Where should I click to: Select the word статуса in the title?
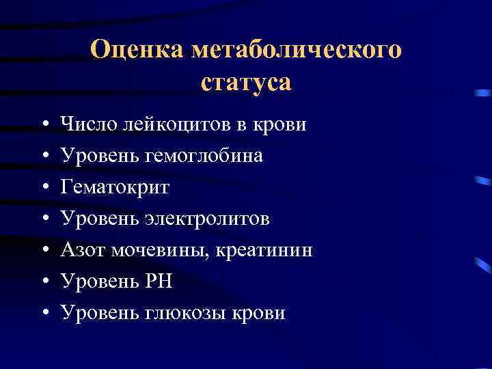pos(246,82)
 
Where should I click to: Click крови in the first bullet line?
pos(279,124)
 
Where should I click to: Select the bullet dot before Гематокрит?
pos(44,188)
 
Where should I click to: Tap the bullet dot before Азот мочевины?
pos(44,251)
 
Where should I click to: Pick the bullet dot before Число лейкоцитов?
pos(44,125)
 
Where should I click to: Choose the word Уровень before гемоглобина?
pos(100,156)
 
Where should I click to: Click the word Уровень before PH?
pos(100,282)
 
